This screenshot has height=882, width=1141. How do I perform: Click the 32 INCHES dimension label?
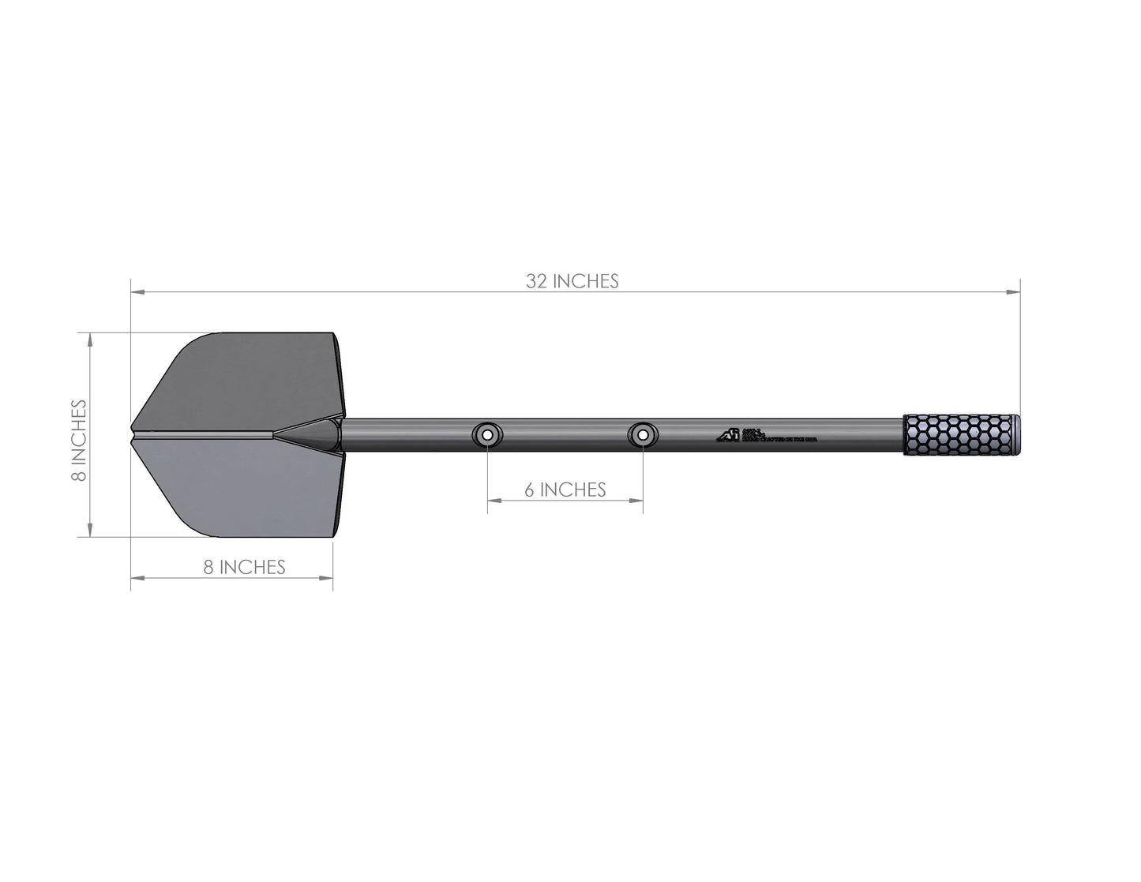(572, 281)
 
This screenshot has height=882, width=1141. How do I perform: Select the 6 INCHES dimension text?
(565, 490)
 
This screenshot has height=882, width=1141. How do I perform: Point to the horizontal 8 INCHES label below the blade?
(244, 567)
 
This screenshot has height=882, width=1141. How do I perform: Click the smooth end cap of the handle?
(1015, 434)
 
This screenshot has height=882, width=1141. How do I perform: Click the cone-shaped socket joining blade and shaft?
(312, 434)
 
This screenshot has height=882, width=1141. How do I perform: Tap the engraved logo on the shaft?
(726, 435)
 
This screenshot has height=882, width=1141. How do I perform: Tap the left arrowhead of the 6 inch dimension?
(493, 501)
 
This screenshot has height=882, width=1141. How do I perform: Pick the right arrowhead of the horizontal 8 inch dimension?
(327, 578)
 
